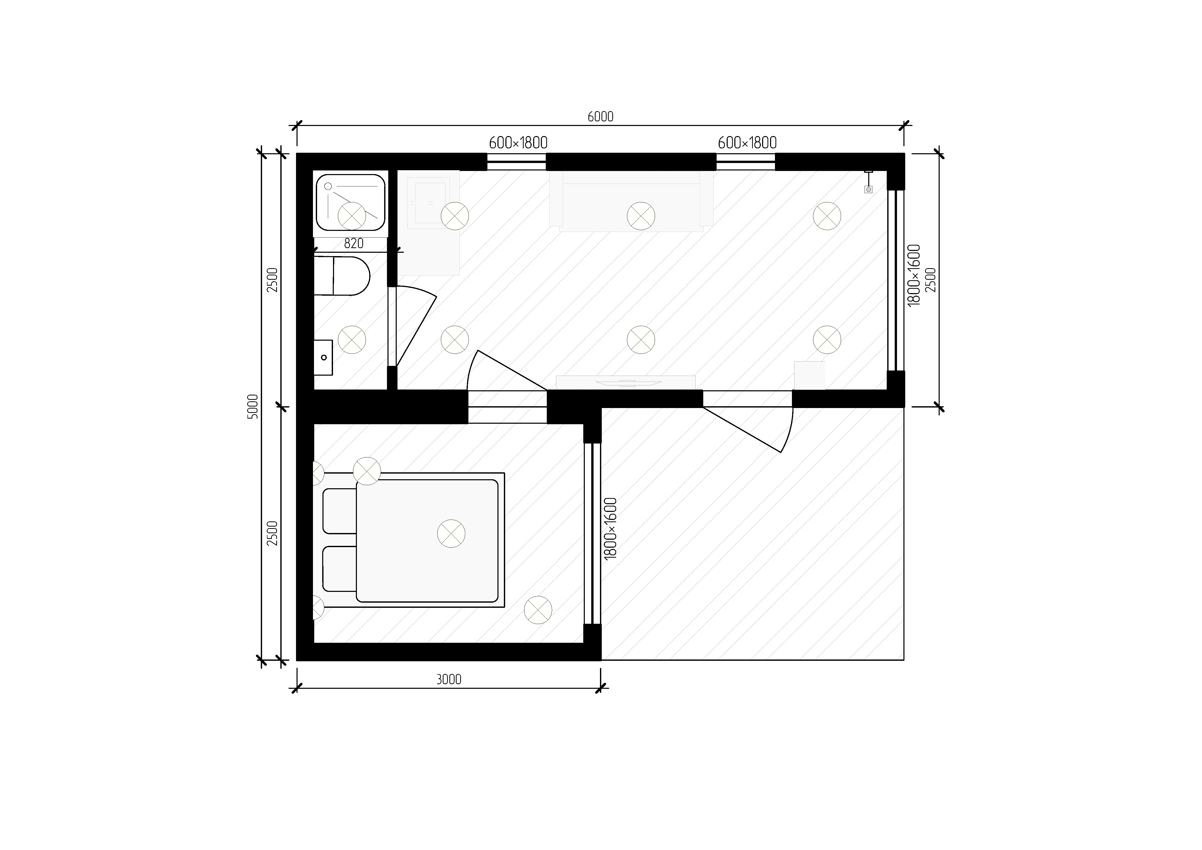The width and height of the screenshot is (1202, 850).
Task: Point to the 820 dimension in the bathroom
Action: click(354, 243)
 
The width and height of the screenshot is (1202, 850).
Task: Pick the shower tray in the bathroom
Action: click(351, 203)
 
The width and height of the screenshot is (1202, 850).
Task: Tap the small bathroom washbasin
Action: click(323, 358)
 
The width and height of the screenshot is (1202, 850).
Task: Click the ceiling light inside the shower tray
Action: click(352, 216)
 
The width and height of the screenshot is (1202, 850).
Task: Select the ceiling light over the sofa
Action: click(641, 216)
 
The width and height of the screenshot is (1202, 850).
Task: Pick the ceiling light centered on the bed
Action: click(451, 534)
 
